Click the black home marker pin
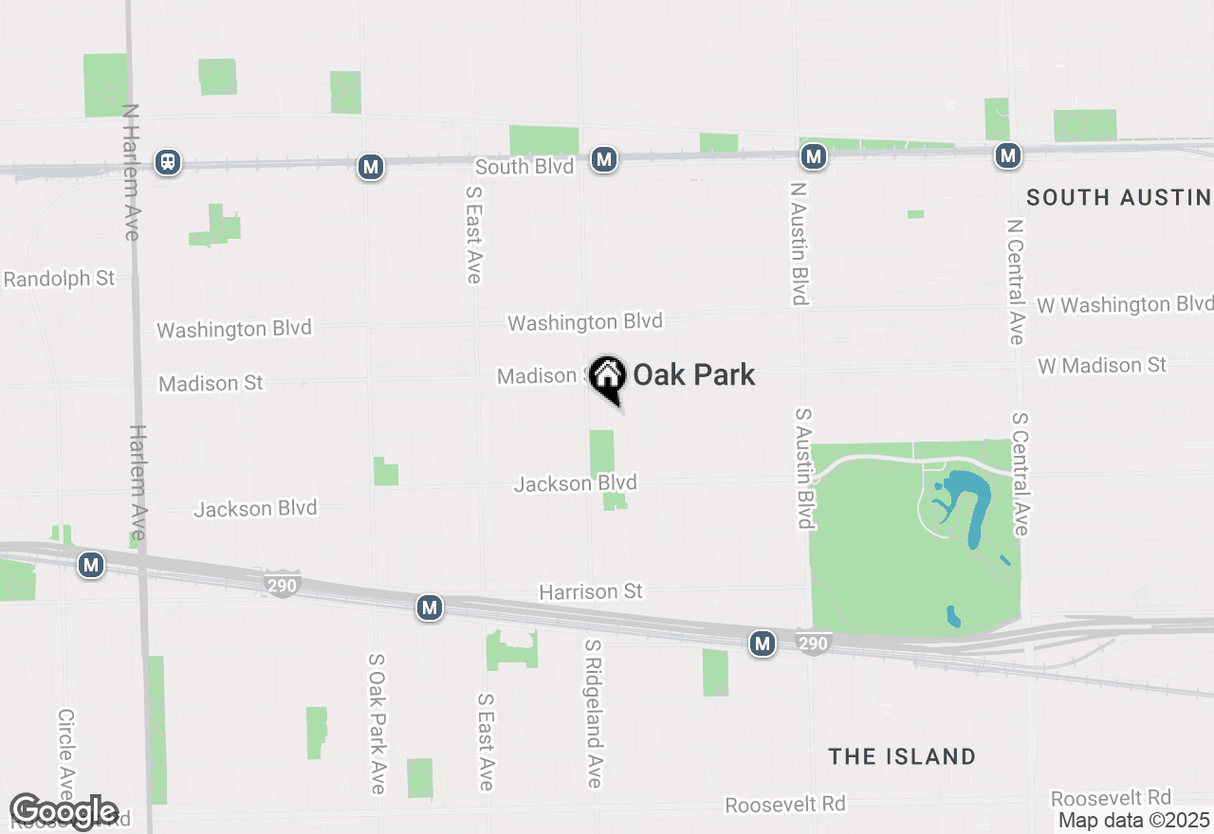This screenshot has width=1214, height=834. [x=606, y=377]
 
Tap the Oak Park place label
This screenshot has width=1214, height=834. [x=694, y=374]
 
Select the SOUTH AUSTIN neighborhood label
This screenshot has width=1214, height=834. [x=1119, y=197]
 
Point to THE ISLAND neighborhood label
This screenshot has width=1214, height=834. [x=902, y=756]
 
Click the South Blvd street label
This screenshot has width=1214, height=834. [x=524, y=167]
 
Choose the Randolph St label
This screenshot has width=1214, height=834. [x=59, y=279]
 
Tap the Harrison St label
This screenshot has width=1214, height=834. [x=591, y=591]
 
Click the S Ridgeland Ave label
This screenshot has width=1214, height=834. [x=594, y=713]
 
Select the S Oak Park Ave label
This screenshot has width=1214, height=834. [x=377, y=722]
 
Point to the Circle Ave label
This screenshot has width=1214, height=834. [x=65, y=753]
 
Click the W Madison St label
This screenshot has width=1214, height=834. [x=1102, y=365]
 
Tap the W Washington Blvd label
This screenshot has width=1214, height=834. [x=1125, y=304]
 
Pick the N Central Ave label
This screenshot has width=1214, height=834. [x=1016, y=282]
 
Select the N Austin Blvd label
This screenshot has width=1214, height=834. [x=799, y=244]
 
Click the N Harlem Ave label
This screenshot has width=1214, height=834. [x=131, y=172]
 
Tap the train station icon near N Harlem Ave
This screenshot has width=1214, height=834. [x=169, y=161]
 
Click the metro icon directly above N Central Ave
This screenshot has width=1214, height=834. [x=1008, y=155]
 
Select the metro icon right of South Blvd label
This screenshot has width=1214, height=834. [x=604, y=160]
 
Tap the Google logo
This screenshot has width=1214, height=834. [x=64, y=811]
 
